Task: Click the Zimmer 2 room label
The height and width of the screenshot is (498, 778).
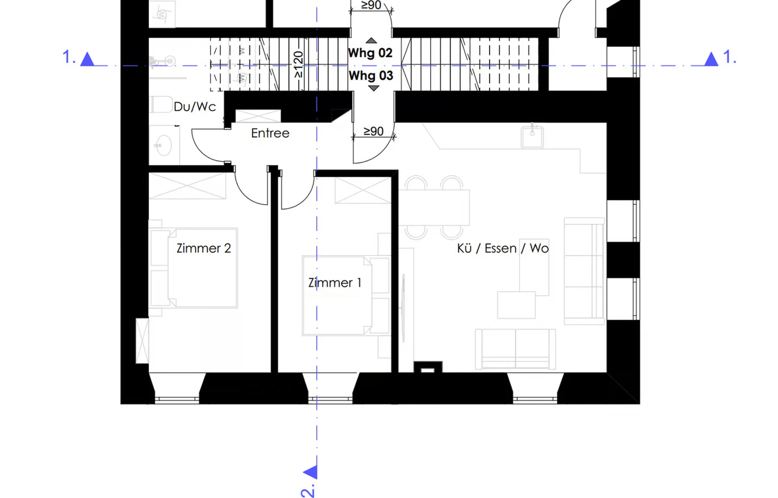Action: tap(203, 248)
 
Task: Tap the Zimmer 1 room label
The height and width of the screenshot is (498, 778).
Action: tap(335, 282)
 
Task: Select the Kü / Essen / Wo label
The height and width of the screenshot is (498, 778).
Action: tap(503, 248)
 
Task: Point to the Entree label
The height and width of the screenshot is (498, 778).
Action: tap(270, 133)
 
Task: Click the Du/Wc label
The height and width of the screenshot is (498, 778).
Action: tap(194, 107)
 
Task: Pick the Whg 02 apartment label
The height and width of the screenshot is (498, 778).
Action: tap(370, 53)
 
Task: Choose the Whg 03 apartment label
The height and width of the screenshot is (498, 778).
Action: tap(371, 76)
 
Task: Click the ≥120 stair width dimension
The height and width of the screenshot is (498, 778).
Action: tap(298, 64)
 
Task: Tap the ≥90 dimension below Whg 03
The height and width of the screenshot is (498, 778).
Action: tap(373, 131)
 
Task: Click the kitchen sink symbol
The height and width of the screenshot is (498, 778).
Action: tap(532, 137)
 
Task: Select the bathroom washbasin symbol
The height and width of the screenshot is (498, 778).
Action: tap(164, 145)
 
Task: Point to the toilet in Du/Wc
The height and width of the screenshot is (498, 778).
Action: tap(161, 105)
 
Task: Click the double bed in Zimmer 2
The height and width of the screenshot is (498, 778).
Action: tap(193, 268)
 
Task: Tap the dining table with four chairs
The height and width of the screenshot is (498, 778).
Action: tap(434, 207)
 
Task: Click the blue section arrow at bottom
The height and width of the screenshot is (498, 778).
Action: tap(311, 472)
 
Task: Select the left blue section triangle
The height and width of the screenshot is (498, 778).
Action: tap(87, 59)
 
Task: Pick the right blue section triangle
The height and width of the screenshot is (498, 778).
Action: tap(711, 59)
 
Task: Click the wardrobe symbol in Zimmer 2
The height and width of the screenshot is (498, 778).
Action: tap(187, 186)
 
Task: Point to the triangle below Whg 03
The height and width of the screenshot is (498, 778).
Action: tap(373, 88)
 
